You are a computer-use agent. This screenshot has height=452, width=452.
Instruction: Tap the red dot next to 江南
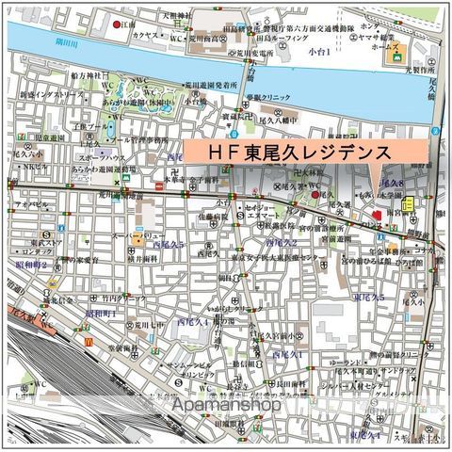pos(117,24)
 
